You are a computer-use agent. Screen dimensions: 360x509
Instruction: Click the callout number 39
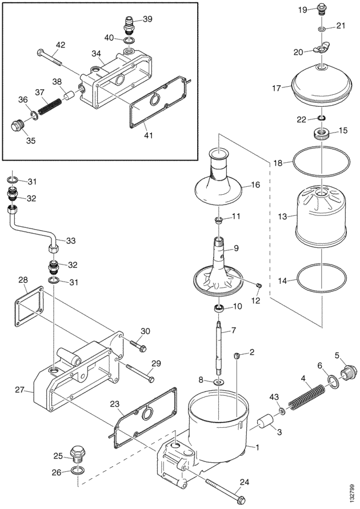(x=147, y=19)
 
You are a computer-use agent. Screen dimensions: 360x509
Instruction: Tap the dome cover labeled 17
(x=321, y=83)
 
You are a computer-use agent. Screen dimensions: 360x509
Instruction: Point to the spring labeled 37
(x=50, y=106)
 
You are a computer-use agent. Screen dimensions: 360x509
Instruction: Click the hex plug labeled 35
(x=17, y=125)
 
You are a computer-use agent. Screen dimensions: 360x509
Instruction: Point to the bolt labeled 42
(x=50, y=58)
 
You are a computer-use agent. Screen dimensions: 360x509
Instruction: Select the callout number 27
(x=20, y=389)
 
